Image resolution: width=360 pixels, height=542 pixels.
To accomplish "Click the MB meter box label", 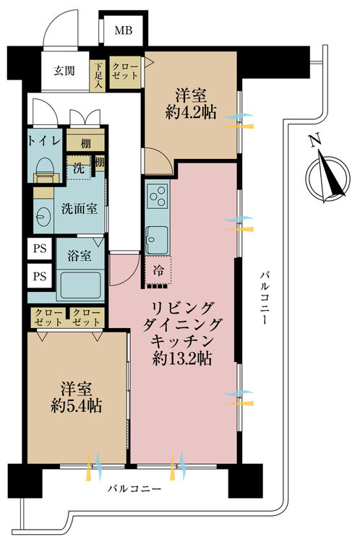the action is (x=124, y=30).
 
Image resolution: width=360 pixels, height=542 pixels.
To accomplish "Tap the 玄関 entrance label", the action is (x=64, y=71).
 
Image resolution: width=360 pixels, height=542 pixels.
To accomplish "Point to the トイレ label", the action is (x=45, y=142).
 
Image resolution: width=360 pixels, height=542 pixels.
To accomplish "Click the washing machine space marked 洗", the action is (x=79, y=168).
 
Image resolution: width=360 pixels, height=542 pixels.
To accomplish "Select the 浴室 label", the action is (x=80, y=256).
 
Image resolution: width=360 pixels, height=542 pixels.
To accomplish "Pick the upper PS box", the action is (x=40, y=249).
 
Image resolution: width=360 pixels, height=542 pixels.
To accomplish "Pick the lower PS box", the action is (x=40, y=276).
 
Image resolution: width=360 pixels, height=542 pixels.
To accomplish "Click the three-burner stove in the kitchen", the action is (x=158, y=196).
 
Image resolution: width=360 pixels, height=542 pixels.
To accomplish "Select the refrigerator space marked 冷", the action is (x=158, y=271).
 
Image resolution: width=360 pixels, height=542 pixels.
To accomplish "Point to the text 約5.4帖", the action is (x=76, y=405).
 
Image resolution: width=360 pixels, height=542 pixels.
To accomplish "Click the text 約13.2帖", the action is (x=182, y=358).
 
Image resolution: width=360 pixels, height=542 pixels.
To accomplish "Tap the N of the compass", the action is (x=314, y=141).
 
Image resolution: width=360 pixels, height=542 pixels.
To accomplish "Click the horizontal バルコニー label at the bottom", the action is (x=134, y=489).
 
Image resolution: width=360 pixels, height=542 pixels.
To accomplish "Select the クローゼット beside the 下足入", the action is (x=125, y=72).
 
